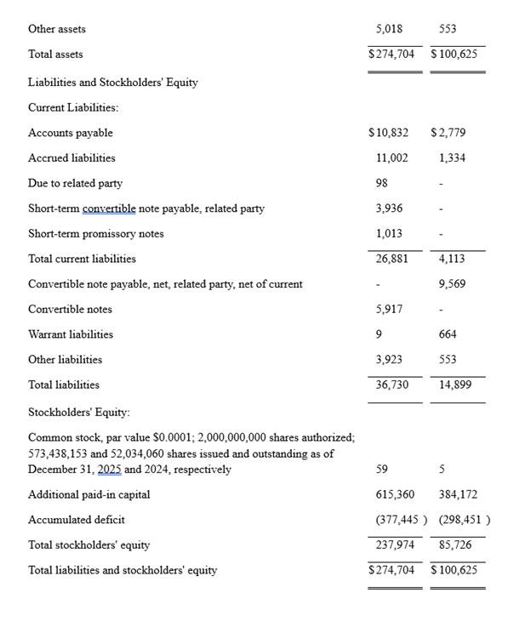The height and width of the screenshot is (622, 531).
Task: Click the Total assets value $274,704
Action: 391,54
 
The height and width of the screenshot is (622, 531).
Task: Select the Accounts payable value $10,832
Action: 388,133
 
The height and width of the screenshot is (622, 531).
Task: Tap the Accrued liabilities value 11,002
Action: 391,158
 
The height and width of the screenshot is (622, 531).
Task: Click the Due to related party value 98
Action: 382,183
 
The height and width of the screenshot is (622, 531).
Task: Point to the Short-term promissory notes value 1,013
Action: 389,234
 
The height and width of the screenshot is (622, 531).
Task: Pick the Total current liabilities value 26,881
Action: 391,259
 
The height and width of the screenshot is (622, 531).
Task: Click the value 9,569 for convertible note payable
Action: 452,284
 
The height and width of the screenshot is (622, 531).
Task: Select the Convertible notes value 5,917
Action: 389,310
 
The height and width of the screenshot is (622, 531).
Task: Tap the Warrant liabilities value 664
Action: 448,334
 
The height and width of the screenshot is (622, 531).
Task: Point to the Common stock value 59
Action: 382,470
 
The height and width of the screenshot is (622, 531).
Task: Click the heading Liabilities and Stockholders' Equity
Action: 112,83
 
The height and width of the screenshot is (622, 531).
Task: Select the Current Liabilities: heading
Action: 73,108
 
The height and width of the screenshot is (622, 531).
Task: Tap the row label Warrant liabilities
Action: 71,334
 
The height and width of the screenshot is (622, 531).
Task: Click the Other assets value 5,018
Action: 389,29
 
